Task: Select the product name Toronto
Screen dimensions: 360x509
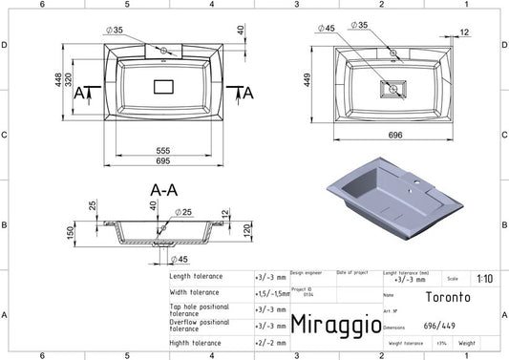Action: tap(467, 297)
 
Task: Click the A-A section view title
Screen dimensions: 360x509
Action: tap(163, 190)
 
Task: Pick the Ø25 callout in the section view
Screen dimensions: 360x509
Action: tap(184, 212)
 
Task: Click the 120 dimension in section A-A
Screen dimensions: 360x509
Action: tap(246, 230)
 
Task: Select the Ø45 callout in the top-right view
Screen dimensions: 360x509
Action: tap(328, 28)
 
